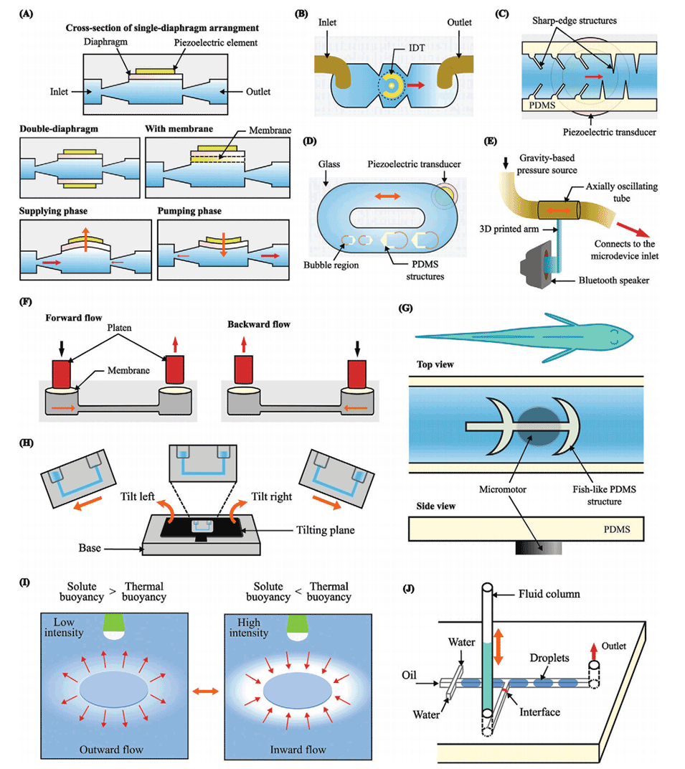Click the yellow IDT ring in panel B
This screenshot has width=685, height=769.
(x=392, y=85)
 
